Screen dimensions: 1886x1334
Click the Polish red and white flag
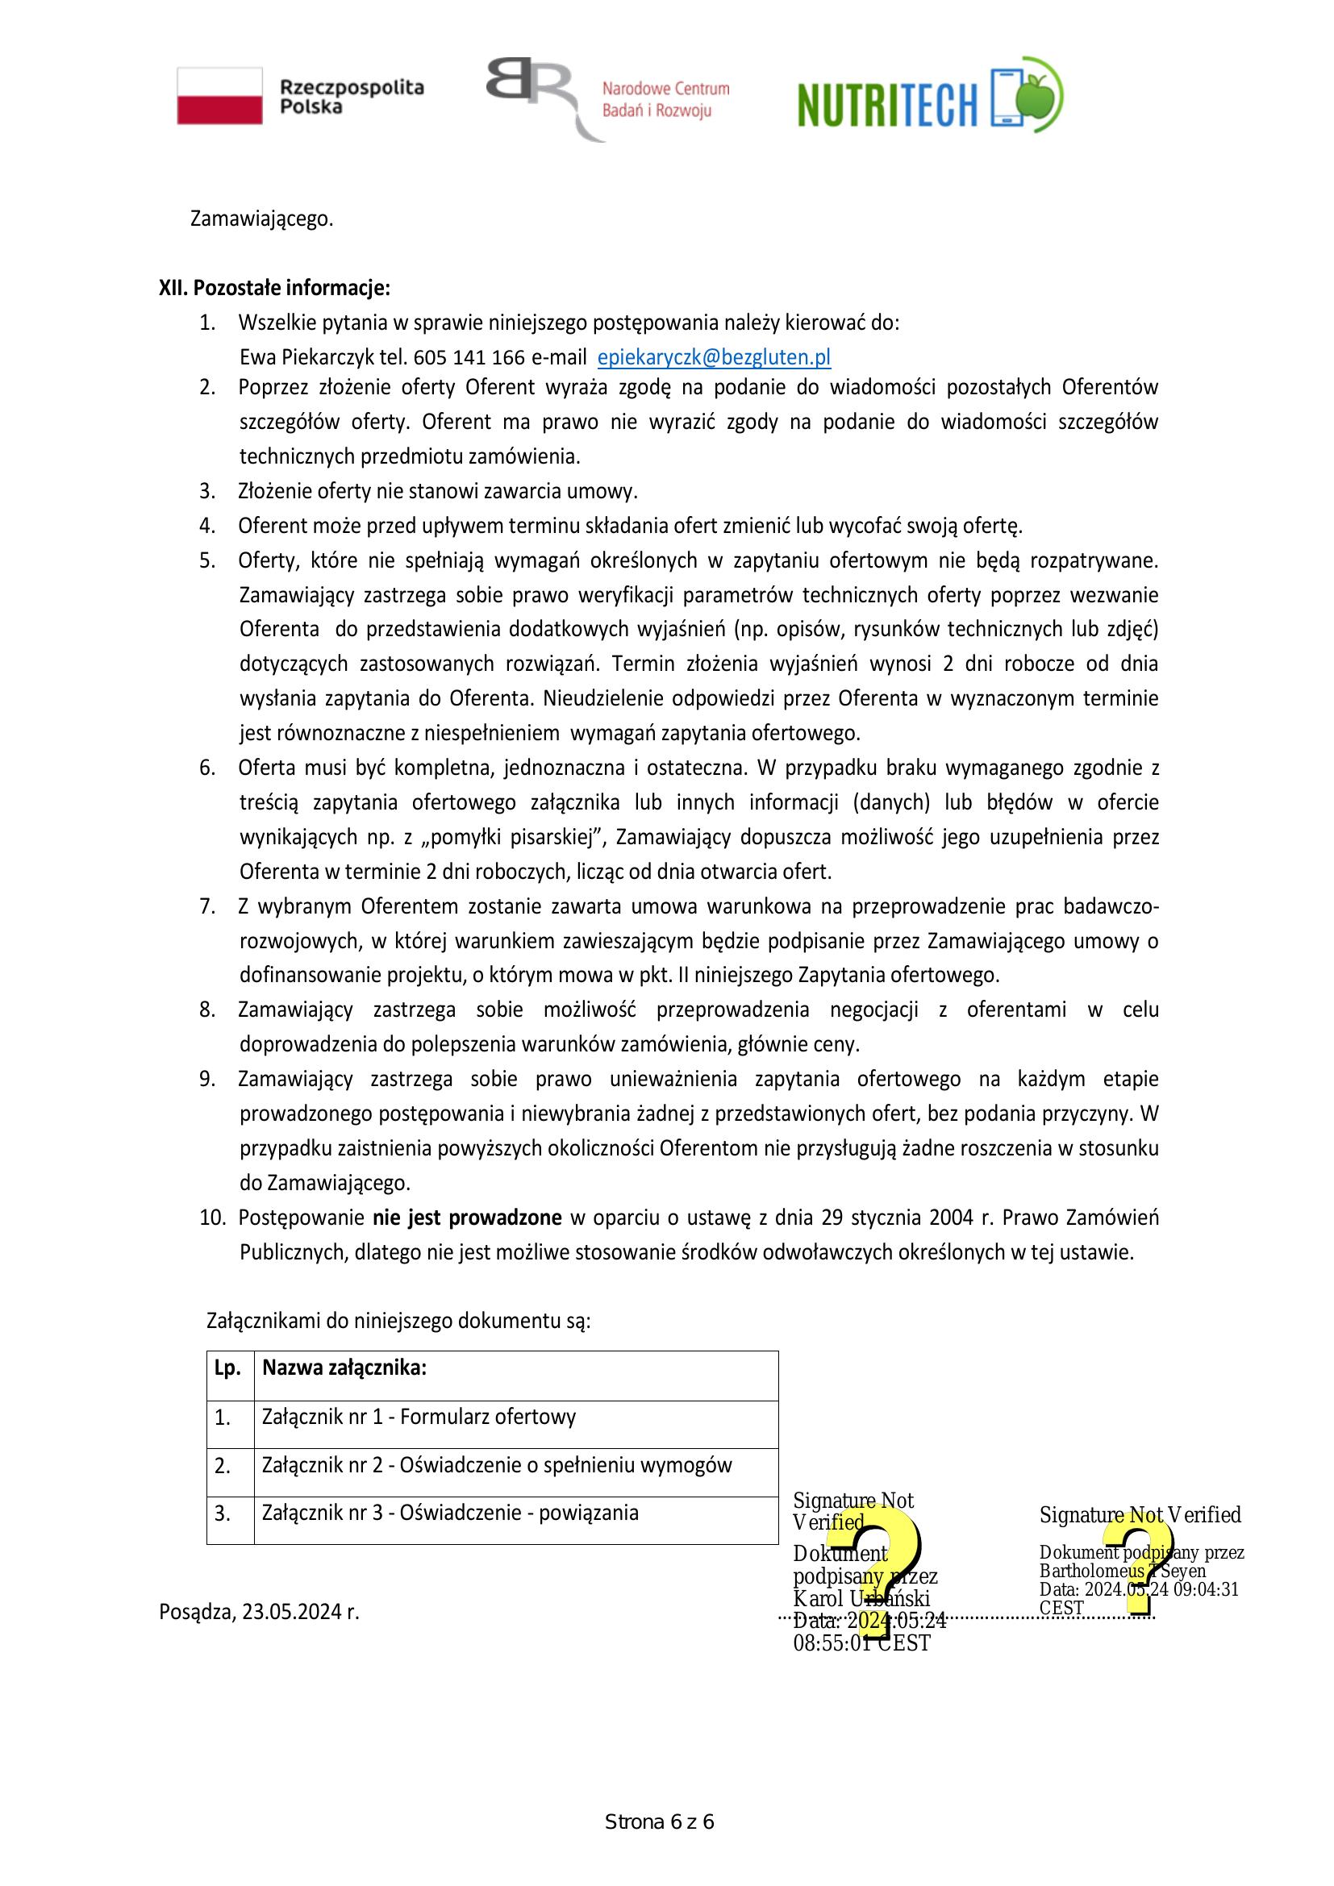click(x=219, y=96)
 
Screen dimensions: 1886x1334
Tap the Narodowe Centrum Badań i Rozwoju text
click(x=665, y=99)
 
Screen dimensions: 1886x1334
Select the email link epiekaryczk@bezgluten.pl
click(x=713, y=357)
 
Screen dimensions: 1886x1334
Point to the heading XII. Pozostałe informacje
click(x=274, y=289)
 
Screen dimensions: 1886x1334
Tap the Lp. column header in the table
click(x=227, y=1368)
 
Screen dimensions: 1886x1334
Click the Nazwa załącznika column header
click(x=344, y=1368)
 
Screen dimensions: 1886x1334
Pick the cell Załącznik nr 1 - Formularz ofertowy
click(x=419, y=1417)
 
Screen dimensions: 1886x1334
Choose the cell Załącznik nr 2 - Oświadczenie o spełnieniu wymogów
click(x=496, y=1464)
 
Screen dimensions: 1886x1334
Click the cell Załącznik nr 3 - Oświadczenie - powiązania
click(x=450, y=1512)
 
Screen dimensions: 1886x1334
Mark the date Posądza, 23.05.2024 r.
click(x=259, y=1613)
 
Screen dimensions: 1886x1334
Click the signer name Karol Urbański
click(x=861, y=1598)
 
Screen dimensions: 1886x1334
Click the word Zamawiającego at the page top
click(x=261, y=219)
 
